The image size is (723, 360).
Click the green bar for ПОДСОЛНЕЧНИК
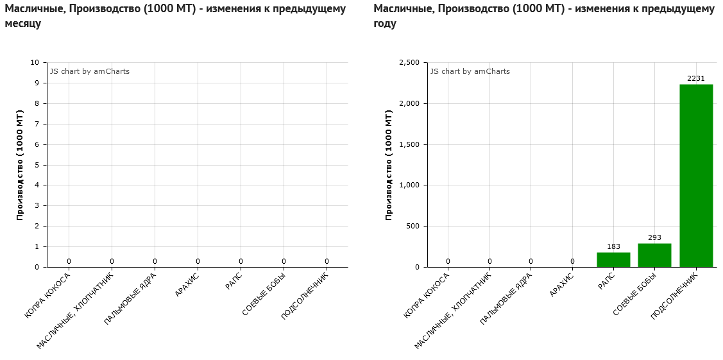click(x=696, y=175)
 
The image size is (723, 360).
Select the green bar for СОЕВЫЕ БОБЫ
click(x=654, y=255)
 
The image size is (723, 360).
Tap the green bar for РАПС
click(x=613, y=259)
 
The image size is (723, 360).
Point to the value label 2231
click(x=696, y=79)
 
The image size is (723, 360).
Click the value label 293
click(x=654, y=238)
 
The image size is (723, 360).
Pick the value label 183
click(x=613, y=247)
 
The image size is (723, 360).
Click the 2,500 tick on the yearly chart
click(x=409, y=62)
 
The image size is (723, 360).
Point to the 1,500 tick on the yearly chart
click(x=409, y=144)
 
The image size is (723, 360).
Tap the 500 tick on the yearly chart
click(x=413, y=226)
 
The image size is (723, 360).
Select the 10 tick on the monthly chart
click(x=35, y=62)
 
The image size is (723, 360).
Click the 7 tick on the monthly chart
click(x=37, y=124)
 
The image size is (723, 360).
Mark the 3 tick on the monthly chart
click(x=37, y=205)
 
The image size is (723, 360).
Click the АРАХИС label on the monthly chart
click(x=187, y=285)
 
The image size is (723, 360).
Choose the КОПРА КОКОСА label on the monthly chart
click(x=47, y=295)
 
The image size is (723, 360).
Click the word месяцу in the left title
click(x=23, y=24)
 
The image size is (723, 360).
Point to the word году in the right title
click(x=385, y=24)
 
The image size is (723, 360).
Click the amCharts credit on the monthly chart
click(x=90, y=71)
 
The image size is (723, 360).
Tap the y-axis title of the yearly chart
click(x=389, y=165)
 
